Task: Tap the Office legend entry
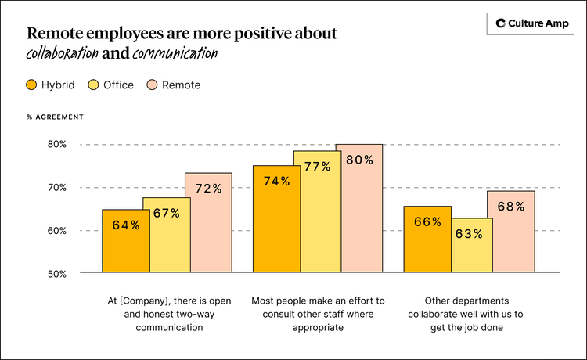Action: coord(110,85)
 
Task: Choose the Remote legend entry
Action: coord(173,85)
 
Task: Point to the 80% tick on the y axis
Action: coord(56,145)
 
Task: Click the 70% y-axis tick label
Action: coord(56,188)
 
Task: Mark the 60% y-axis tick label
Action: coord(56,231)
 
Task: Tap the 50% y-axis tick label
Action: coord(56,274)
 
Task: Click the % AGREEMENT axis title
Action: coord(55,117)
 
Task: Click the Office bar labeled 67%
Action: coord(167,235)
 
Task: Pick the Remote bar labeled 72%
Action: coord(208,223)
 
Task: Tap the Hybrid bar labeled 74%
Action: coord(276,219)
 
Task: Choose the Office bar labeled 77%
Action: coord(317,212)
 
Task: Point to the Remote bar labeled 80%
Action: coord(358,208)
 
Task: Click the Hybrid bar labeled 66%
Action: coord(427,239)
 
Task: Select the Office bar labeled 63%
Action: coord(468,246)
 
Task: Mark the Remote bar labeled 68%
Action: coord(510,232)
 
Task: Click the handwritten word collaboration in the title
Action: coord(62,54)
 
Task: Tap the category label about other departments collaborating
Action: coord(468,314)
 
